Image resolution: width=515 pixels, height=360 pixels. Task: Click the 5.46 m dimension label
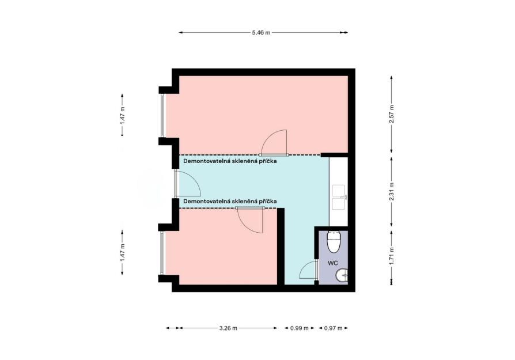[261, 32]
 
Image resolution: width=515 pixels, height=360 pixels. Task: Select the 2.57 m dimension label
[391, 114]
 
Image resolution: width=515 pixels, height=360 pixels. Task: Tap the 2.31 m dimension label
[391, 191]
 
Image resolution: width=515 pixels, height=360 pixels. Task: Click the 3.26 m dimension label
[228, 328]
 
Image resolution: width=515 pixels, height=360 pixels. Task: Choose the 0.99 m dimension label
[300, 328]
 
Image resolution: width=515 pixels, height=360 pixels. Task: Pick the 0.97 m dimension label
[334, 328]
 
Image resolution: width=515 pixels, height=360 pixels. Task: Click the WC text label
[333, 263]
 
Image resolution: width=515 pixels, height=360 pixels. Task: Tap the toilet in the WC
[334, 242]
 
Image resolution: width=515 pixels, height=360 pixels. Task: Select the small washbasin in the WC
[342, 275]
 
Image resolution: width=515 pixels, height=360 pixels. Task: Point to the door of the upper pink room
[274, 143]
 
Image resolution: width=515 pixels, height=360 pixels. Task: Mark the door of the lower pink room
[250, 220]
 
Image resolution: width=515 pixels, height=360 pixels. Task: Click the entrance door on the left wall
[187, 183]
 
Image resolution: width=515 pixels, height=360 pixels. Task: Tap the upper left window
[162, 115]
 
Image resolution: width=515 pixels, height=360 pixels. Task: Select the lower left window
[162, 253]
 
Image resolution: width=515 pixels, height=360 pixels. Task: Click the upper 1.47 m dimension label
[123, 115]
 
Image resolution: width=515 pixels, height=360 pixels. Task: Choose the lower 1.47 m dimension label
[123, 252]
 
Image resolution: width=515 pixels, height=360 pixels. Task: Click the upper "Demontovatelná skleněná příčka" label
[230, 161]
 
